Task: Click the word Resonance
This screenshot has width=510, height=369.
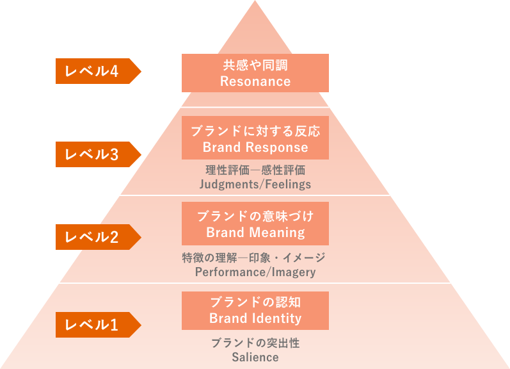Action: (255, 81)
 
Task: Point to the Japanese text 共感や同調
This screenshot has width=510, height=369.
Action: (255, 65)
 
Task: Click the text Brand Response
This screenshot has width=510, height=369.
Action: (255, 147)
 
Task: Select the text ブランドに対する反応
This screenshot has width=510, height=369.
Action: (255, 131)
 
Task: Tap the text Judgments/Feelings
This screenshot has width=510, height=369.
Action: (255, 184)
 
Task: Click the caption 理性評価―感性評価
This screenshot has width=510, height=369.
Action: (255, 170)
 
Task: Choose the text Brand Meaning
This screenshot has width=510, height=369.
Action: (255, 233)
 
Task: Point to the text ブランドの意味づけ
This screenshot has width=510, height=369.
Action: (255, 216)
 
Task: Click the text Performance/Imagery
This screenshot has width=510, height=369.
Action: (255, 272)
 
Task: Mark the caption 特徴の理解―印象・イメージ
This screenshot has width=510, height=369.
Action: (254, 258)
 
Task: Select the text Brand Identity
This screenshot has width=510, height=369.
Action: (255, 318)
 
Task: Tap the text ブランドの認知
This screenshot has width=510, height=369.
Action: (255, 302)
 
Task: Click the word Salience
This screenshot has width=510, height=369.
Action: (255, 357)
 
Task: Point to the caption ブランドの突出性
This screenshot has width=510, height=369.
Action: (255, 343)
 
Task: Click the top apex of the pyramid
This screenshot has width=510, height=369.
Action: (255, 3)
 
